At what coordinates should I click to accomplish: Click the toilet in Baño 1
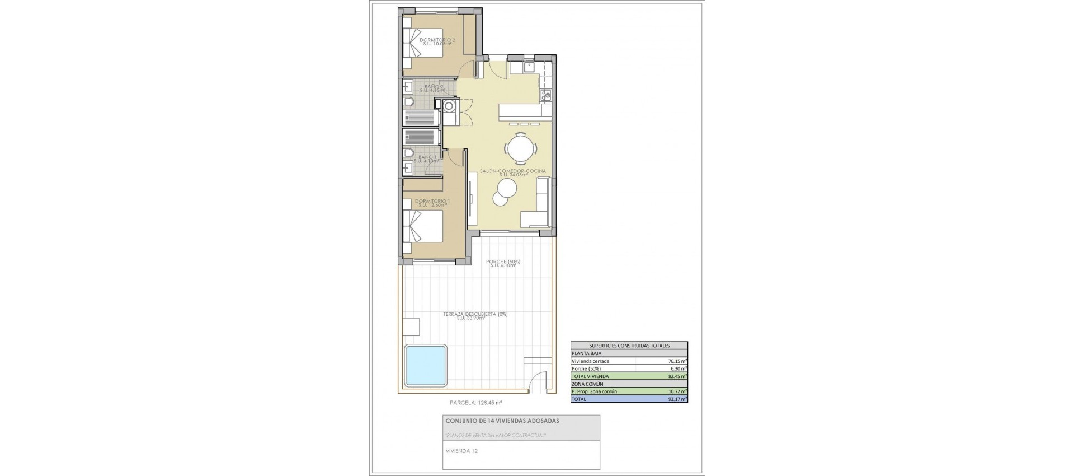pyautogui.click(x=408, y=153)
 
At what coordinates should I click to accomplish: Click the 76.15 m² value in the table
pyautogui.click(x=677, y=361)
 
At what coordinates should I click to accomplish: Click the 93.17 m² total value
pyautogui.click(x=677, y=399)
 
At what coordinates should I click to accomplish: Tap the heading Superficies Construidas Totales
pyautogui.click(x=629, y=346)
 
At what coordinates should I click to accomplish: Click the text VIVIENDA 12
pyautogui.click(x=461, y=450)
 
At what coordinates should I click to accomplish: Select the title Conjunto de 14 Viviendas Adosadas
pyautogui.click(x=502, y=421)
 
